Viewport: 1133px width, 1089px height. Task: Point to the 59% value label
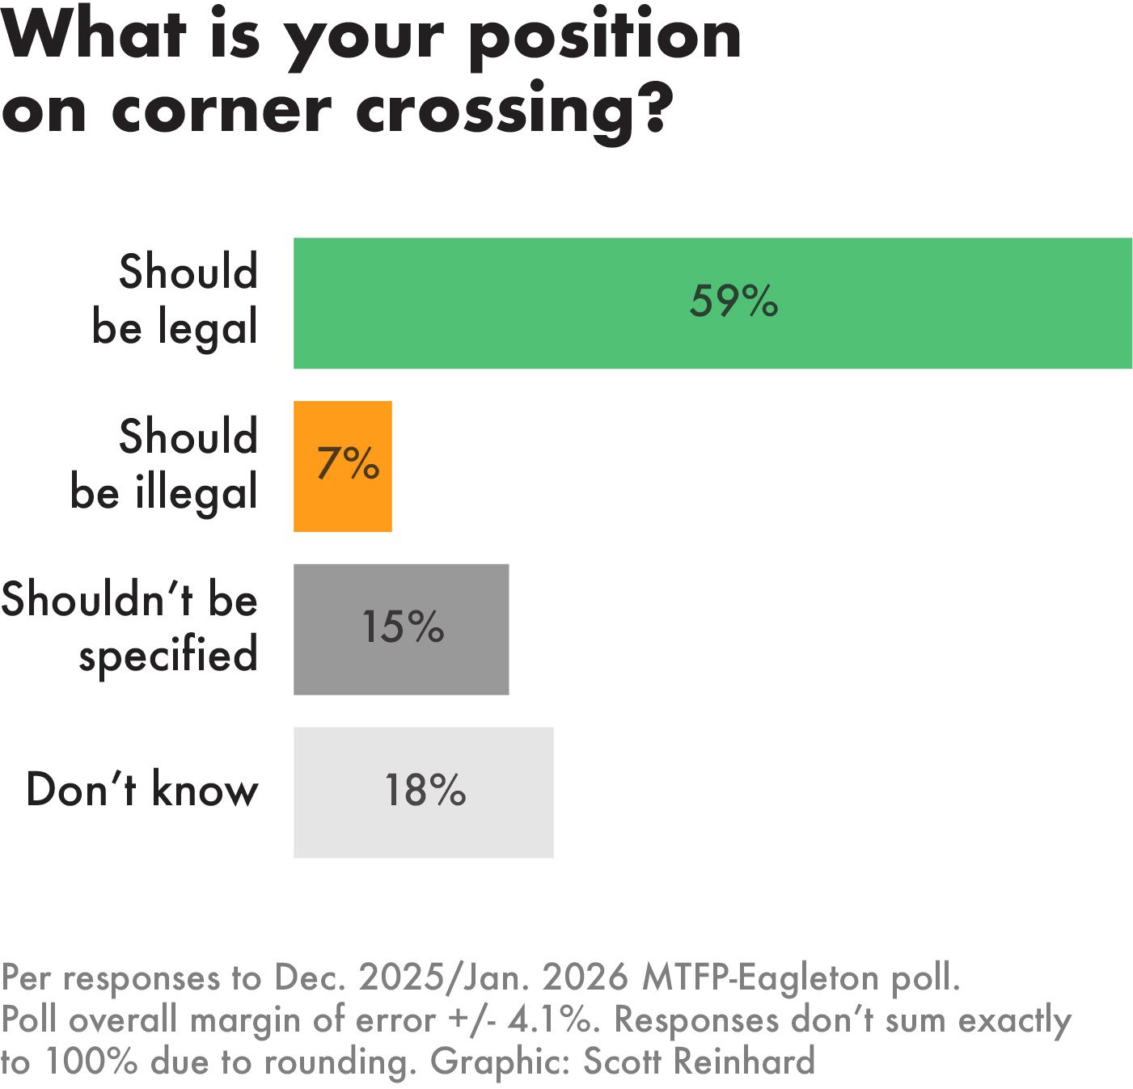pos(733,301)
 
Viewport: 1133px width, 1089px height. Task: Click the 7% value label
pos(348,463)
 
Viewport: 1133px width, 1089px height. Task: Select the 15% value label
pos(403,627)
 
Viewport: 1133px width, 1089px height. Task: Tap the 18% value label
pos(425,790)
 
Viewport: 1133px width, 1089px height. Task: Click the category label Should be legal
pos(176,299)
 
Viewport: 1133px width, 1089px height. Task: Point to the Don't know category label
pos(142,789)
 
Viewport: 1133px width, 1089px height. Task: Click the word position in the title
pos(605,37)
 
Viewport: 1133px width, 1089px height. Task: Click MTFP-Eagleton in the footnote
pos(760,977)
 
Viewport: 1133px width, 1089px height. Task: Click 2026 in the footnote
pos(585,977)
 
